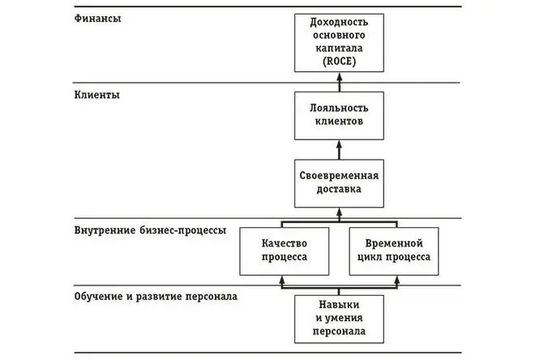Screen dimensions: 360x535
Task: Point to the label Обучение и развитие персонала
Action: pos(156,297)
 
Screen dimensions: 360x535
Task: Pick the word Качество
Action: pos(284,242)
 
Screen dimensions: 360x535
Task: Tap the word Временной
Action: pos(393,242)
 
